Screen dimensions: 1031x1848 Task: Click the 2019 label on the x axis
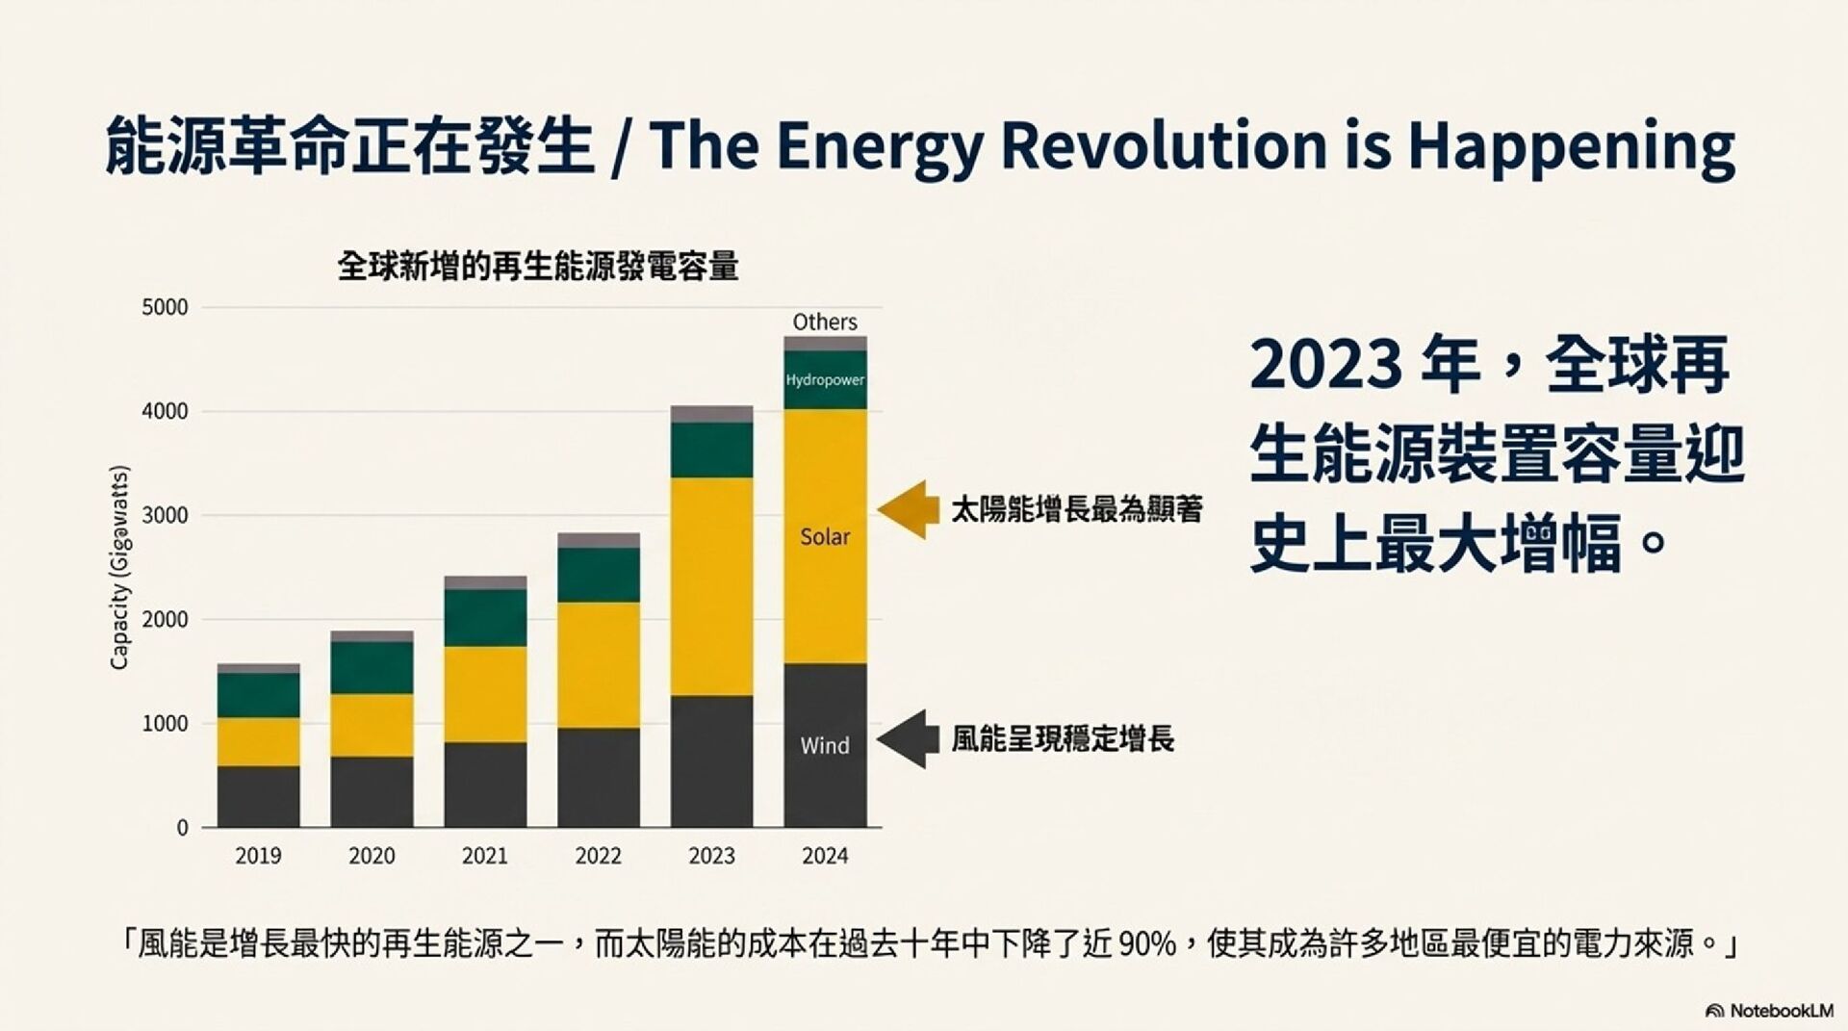(x=258, y=856)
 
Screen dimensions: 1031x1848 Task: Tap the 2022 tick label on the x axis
(x=598, y=856)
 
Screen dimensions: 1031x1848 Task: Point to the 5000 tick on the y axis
(x=165, y=308)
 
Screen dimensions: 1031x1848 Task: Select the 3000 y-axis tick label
(x=165, y=516)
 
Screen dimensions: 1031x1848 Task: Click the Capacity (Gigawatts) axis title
(x=119, y=568)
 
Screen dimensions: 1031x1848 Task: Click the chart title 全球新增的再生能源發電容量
(x=538, y=267)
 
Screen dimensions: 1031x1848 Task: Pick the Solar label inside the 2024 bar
(x=825, y=537)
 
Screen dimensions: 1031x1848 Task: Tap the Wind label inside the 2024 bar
(x=825, y=746)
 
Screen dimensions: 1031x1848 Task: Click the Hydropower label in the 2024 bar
(x=825, y=380)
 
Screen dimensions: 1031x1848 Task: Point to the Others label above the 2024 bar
(x=825, y=322)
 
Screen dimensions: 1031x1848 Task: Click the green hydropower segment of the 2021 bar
(x=485, y=618)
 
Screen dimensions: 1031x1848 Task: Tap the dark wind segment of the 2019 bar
(x=258, y=796)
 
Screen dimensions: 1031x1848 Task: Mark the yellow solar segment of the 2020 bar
(x=372, y=725)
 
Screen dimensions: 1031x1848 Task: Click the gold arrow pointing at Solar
(x=909, y=509)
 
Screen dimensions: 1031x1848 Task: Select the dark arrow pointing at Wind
(x=909, y=739)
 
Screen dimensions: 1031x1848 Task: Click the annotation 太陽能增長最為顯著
(x=1077, y=510)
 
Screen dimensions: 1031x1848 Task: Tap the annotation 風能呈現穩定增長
(x=1063, y=739)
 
